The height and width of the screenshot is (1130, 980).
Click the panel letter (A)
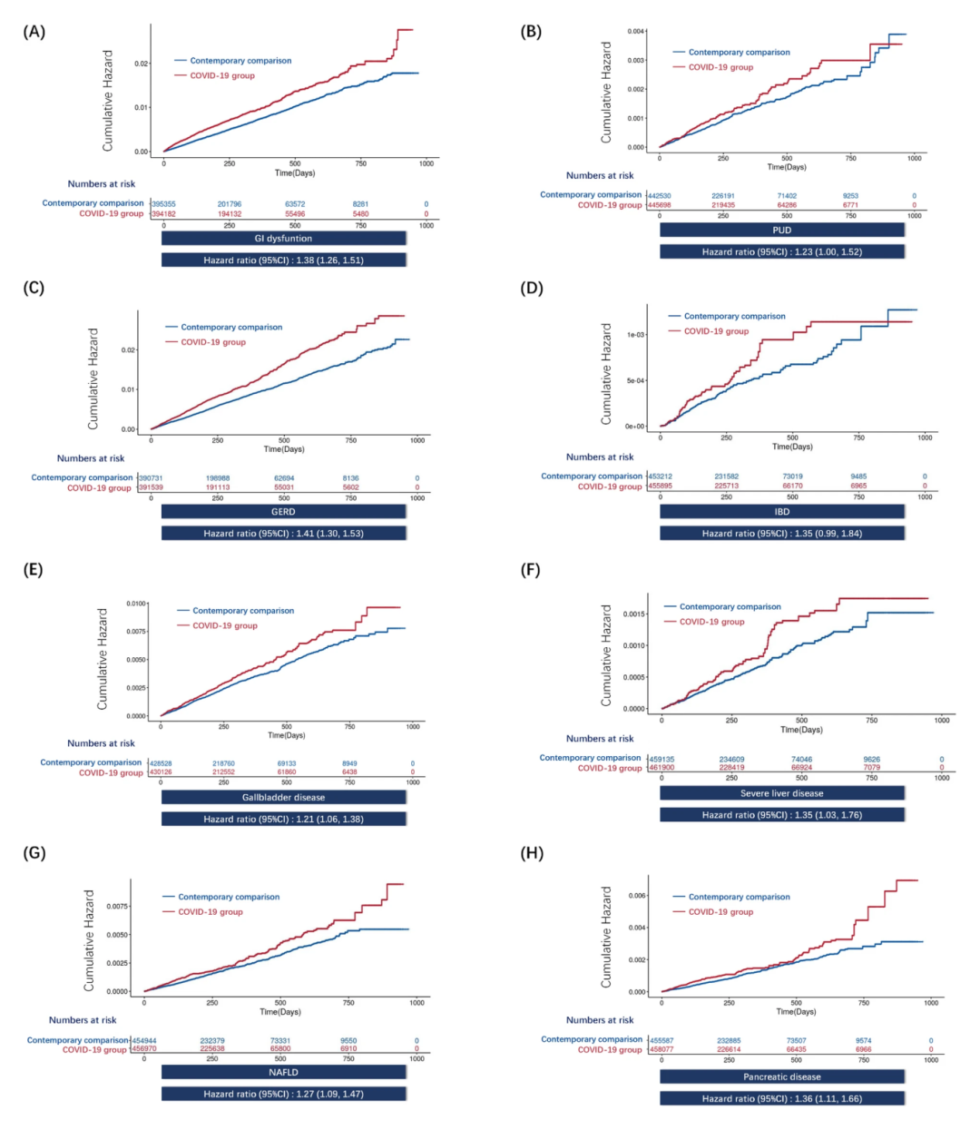tap(34, 32)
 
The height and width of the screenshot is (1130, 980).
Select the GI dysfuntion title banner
tap(283, 239)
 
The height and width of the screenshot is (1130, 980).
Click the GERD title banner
tap(283, 512)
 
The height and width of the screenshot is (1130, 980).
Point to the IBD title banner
tap(781, 512)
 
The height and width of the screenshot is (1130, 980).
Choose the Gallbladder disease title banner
tap(283, 798)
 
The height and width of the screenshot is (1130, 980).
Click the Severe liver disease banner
tap(781, 793)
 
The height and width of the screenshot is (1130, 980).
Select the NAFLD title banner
tap(283, 1072)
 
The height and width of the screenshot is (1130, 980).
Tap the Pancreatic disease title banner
tap(781, 1076)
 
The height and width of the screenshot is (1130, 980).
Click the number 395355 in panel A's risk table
tap(164, 204)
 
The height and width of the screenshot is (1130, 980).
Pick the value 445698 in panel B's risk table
tap(659, 205)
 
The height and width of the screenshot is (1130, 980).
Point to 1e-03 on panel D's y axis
tap(635, 335)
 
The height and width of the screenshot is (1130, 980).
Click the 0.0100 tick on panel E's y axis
tap(136, 604)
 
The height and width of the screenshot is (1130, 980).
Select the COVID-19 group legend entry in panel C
tap(213, 342)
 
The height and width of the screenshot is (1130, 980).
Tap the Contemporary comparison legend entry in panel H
tap(739, 897)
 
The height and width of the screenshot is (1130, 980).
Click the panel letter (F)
tap(531, 570)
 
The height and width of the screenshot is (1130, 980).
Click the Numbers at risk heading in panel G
tap(83, 1020)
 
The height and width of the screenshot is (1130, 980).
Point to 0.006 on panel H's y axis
tap(637, 896)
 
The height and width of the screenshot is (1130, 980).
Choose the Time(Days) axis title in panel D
tap(792, 447)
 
